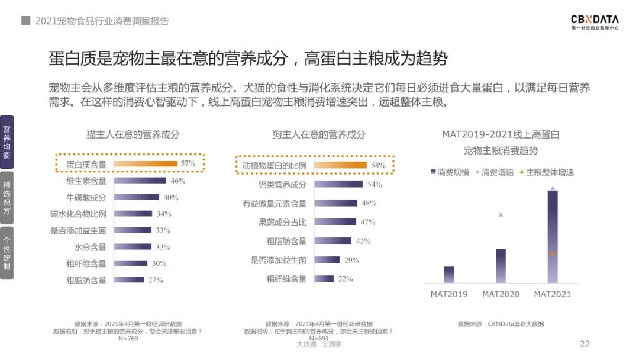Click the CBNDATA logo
click(x=594, y=22)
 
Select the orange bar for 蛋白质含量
click(x=145, y=163)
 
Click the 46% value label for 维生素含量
click(x=177, y=181)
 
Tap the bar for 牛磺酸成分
click(x=136, y=197)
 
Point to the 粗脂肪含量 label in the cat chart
click(x=86, y=280)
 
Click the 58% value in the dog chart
click(x=379, y=166)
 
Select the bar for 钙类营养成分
click(x=338, y=184)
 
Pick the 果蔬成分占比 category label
click(x=282, y=223)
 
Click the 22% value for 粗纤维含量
click(x=346, y=279)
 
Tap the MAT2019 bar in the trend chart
click(x=449, y=275)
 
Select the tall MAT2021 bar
click(x=553, y=237)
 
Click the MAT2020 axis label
click(x=501, y=294)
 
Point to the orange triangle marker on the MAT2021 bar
click(x=553, y=253)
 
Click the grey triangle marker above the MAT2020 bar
click(x=501, y=214)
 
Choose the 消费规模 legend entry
click(x=449, y=172)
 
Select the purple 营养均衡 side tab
click(x=7, y=142)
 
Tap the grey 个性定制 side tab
click(x=7, y=253)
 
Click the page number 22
click(x=585, y=344)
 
